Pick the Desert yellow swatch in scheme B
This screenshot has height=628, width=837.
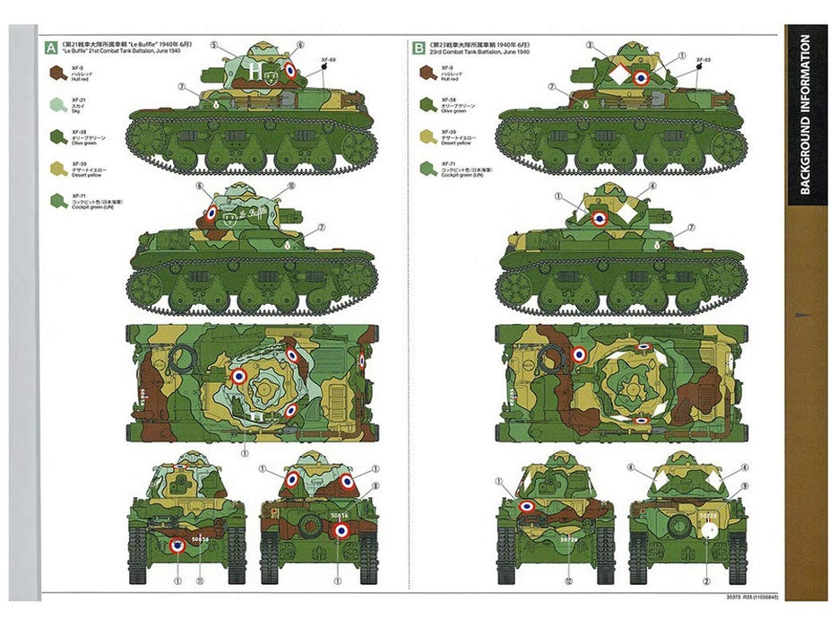(x=426, y=136)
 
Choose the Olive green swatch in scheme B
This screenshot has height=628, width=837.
(x=426, y=105)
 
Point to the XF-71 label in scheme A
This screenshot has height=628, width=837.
(x=76, y=196)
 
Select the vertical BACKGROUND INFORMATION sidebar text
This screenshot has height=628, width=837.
(x=805, y=114)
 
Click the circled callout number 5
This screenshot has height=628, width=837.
(x=215, y=45)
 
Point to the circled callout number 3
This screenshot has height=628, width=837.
(x=589, y=45)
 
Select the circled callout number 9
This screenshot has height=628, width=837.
(x=744, y=485)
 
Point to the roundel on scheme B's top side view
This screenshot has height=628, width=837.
(x=640, y=78)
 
